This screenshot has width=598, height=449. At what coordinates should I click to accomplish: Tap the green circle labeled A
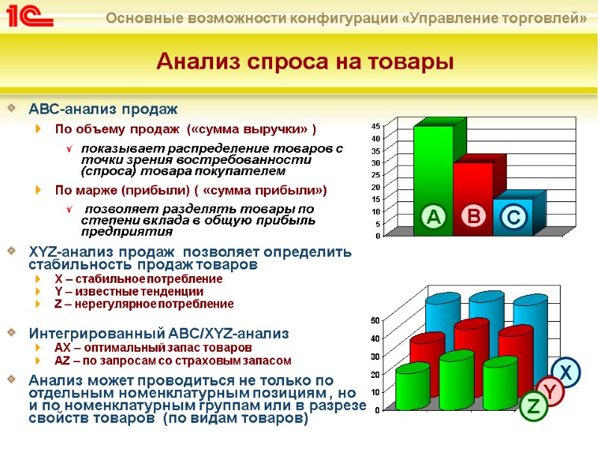point(432,217)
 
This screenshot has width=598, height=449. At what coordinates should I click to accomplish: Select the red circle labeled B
point(473,217)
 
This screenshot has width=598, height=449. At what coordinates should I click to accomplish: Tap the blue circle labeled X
point(566,373)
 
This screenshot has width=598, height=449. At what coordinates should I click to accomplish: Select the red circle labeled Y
point(549,391)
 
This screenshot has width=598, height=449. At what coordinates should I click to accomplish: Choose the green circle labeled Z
point(533,408)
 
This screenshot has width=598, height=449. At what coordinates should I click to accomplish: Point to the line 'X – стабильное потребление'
point(138,279)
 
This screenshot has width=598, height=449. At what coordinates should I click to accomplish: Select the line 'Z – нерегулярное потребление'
point(144,304)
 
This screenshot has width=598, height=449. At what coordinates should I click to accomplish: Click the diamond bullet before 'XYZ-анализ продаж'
point(10,251)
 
